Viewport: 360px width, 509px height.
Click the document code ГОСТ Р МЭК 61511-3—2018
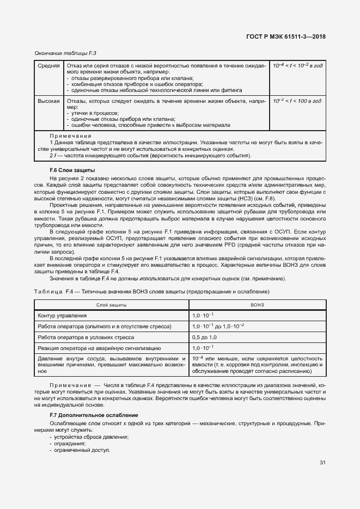click(x=289, y=38)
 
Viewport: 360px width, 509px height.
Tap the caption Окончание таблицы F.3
click(x=62, y=53)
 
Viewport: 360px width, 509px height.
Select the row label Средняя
click(x=48, y=66)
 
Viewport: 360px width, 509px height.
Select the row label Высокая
click(x=48, y=102)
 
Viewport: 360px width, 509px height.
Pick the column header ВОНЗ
click(x=257, y=305)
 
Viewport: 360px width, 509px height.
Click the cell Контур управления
click(x=62, y=316)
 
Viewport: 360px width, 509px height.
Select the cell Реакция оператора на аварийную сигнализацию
click(x=99, y=347)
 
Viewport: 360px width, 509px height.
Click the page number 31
click(x=322, y=463)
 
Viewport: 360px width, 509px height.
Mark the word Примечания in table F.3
click(x=71, y=136)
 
